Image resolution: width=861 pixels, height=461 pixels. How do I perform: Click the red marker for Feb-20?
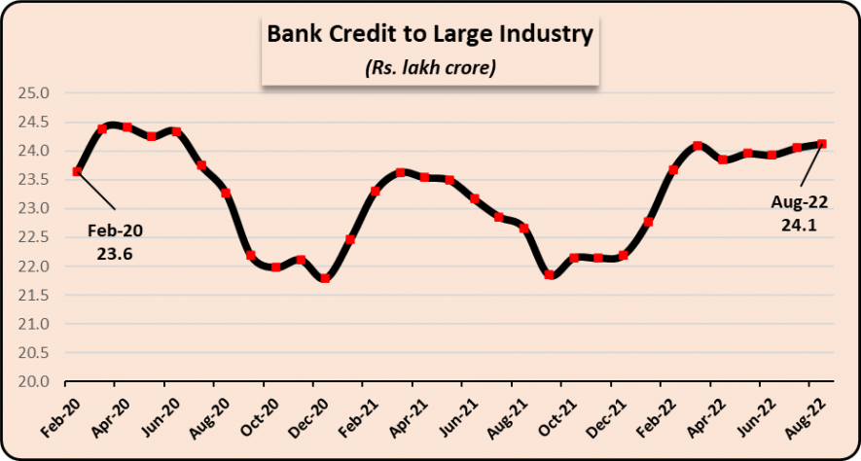[x=77, y=172]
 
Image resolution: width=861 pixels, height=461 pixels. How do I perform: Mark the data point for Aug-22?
[x=822, y=144]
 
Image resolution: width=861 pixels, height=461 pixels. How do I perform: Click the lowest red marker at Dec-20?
[x=325, y=278]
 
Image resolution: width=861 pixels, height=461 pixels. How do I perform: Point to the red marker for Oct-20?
[x=275, y=266]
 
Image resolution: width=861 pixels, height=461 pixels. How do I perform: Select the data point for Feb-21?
[x=376, y=191]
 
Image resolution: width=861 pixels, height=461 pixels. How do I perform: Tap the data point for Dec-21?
[x=624, y=256]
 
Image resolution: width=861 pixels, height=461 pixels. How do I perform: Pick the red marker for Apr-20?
[x=126, y=127]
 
